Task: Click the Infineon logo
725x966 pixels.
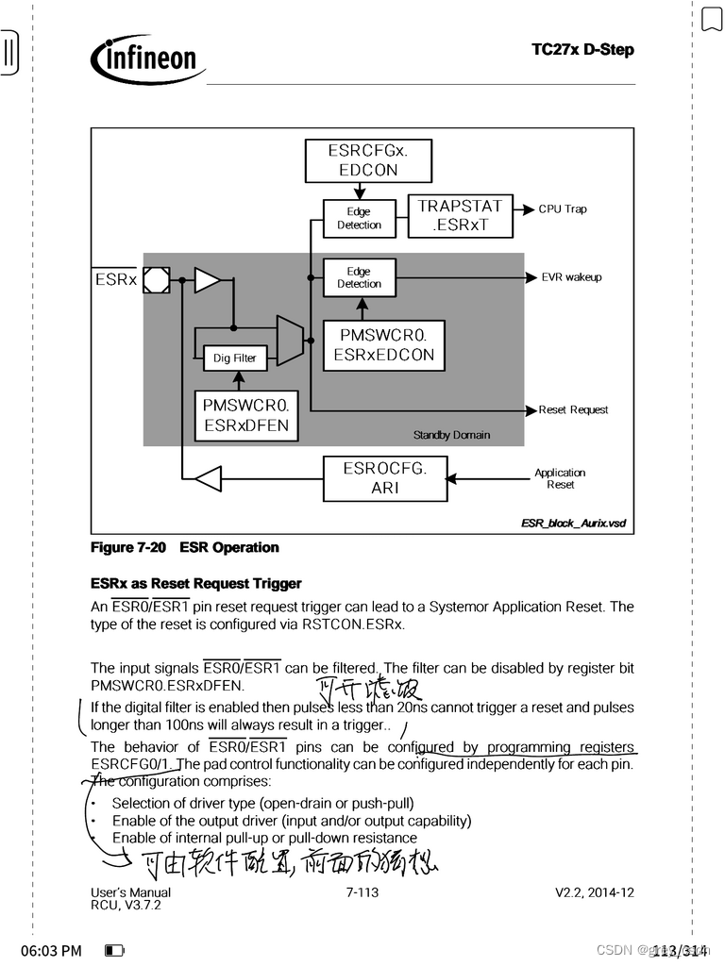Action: pos(147,58)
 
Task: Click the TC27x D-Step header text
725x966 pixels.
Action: pos(582,49)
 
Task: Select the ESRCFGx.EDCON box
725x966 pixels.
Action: pos(368,160)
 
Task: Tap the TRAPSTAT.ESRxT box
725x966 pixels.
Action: pos(461,216)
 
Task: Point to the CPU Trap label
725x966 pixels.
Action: pos(563,209)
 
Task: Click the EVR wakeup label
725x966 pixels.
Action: pos(571,277)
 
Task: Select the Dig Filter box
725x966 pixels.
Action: pos(235,358)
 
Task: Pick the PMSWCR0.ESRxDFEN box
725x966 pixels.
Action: pos(245,414)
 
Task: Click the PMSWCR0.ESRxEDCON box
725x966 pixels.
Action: pos(384,345)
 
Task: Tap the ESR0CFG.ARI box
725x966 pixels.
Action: pos(385,478)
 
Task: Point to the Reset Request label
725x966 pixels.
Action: pos(573,410)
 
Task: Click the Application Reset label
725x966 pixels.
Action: pos(560,478)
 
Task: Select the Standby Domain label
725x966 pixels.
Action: pos(452,435)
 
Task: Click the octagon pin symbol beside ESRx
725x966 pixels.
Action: pos(157,280)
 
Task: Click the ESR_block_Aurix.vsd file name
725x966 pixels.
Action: pos(573,523)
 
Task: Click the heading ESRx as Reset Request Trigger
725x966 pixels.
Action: pos(196,584)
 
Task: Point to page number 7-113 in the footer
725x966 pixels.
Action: pos(362,892)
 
